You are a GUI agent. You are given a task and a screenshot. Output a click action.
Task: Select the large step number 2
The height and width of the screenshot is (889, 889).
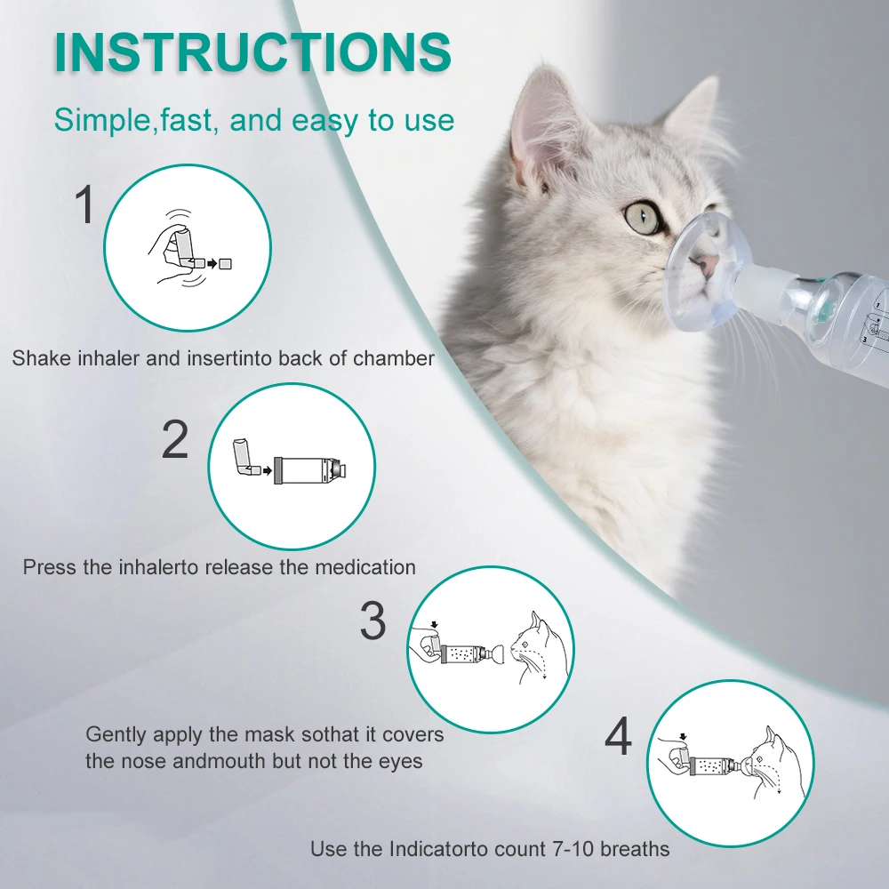tap(175, 440)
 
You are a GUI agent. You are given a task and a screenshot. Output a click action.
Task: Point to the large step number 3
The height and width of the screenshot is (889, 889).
tap(373, 621)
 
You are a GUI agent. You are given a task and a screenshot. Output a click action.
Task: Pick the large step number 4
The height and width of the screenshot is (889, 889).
tap(618, 736)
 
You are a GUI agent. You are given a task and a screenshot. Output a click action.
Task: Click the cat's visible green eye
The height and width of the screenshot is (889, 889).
tap(642, 216)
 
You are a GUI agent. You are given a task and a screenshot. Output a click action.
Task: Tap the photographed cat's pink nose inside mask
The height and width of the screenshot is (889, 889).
tap(707, 264)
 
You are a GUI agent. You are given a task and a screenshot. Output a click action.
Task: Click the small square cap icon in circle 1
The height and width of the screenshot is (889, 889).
tap(226, 263)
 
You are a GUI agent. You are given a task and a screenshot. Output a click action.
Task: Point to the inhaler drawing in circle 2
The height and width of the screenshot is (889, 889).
tap(244, 459)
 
